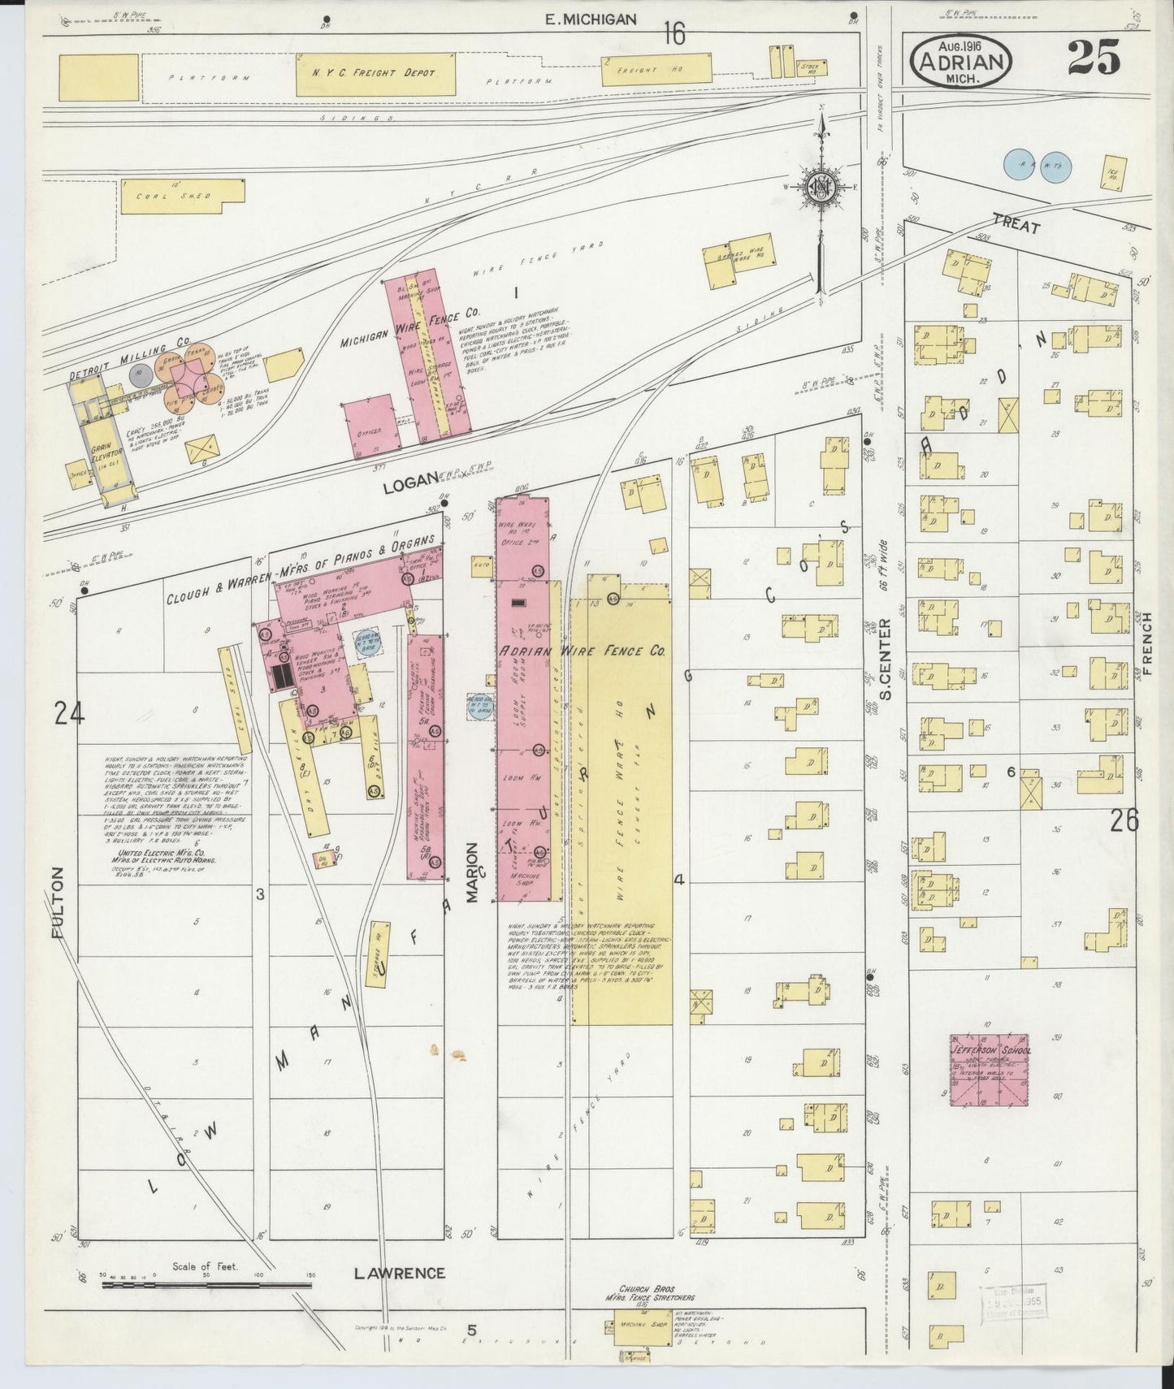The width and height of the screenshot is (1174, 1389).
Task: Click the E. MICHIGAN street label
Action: [x=591, y=19]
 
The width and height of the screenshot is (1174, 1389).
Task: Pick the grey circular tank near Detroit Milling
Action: [x=139, y=375]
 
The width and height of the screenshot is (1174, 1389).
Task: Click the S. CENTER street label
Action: [x=885, y=659]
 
